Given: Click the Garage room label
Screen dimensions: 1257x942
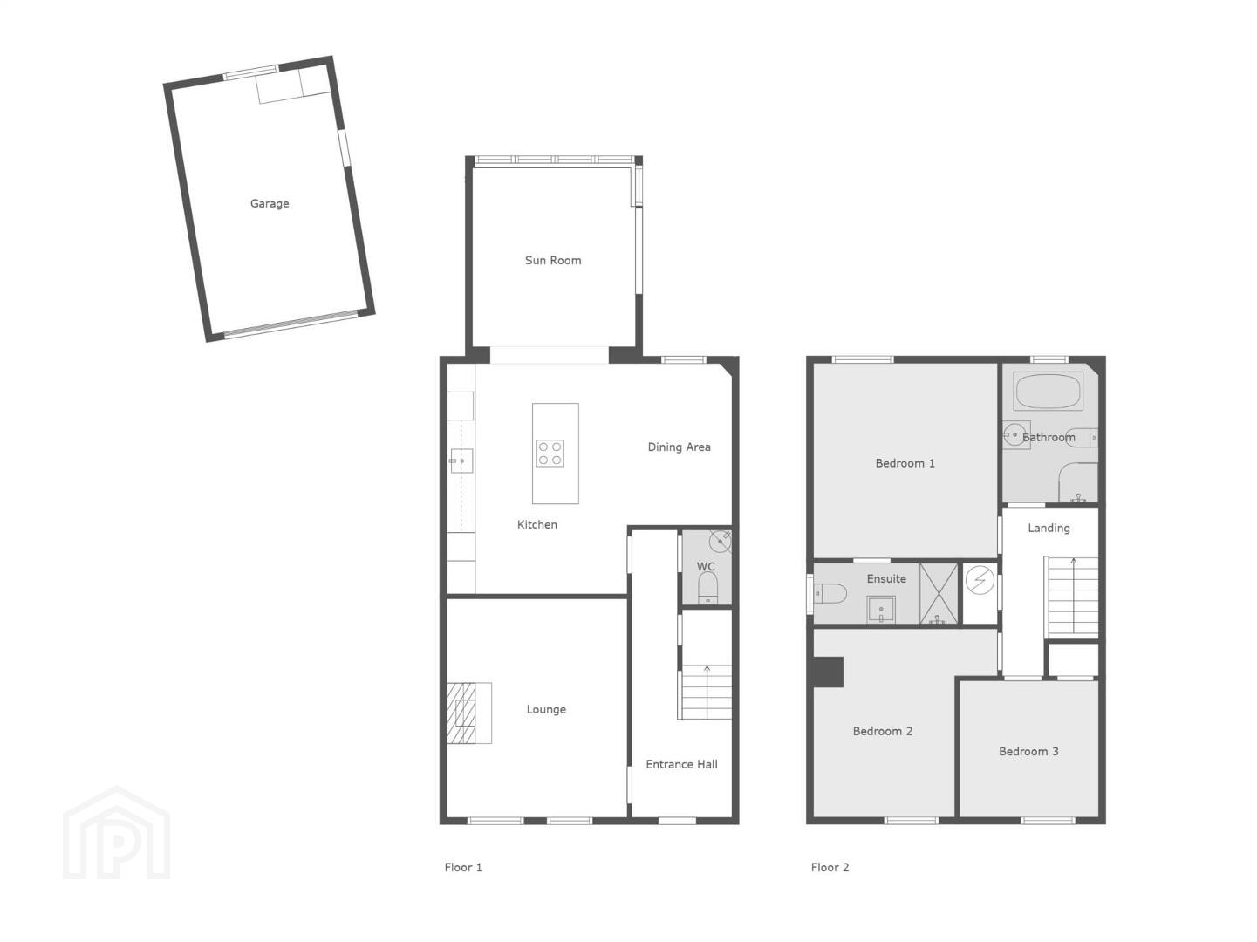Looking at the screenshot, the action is point(270,203).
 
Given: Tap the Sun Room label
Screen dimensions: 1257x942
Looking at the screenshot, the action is point(553,260).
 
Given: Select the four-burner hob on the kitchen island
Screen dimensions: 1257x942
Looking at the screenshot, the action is point(550,453).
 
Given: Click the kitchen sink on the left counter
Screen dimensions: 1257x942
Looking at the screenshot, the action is point(461,461).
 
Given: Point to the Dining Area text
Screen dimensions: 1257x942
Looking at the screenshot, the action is point(679,447).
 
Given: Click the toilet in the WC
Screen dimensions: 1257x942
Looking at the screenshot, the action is point(707,587).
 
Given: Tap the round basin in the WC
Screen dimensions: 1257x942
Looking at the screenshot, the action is point(720,541).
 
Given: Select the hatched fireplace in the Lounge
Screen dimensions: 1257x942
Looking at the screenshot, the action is point(461,713).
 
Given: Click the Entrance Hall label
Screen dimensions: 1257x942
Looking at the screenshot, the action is point(681,764).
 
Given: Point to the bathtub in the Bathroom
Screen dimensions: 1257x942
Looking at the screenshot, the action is point(1048,391).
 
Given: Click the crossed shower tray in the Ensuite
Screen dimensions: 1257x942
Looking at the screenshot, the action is point(938,594).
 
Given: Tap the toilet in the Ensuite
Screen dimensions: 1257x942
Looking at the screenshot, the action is point(830,593).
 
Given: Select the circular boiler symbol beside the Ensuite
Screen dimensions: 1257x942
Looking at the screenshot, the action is point(980,579).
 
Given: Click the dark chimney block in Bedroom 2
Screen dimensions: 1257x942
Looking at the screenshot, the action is point(828,672).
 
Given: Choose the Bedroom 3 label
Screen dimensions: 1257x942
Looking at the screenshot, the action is point(1028,751).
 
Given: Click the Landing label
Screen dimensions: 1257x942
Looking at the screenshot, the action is point(1049,528).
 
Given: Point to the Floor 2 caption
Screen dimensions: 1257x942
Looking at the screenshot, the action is point(830,868).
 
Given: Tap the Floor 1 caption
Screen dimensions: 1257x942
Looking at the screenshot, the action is point(462,868).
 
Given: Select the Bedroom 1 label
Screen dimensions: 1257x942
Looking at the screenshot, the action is point(905,462).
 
